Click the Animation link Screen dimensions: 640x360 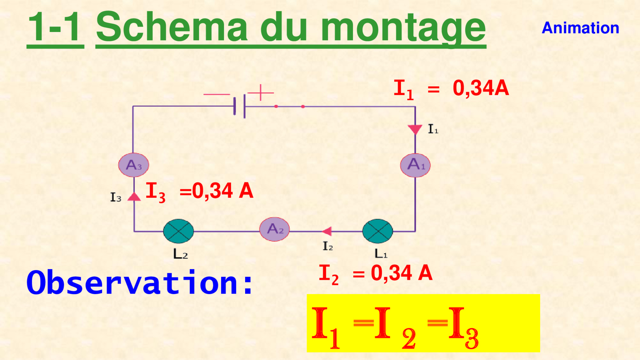point(580,28)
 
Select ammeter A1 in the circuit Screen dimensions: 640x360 point(415,165)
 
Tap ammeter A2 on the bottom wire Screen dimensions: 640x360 point(274,229)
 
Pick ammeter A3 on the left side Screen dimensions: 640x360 point(134,165)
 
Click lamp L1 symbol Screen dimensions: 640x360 point(378,231)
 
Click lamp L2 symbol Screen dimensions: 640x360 point(178,231)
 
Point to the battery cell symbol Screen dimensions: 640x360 point(239,106)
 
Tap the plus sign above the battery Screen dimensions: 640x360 point(261,93)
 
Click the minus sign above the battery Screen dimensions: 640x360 point(217,94)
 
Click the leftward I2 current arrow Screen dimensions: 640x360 point(327,231)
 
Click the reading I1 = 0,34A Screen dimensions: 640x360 point(451,89)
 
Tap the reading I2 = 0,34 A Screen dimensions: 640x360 point(376,274)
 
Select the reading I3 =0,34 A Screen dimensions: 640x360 point(199,192)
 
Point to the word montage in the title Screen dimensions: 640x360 point(403,28)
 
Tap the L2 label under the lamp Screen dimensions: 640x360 point(180,254)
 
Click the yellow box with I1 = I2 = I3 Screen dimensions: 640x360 point(423,323)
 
